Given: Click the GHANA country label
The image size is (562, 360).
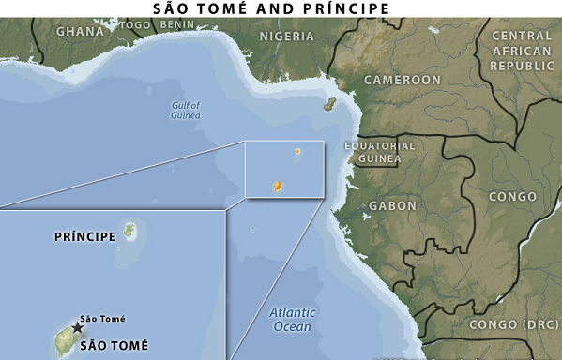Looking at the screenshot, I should (80, 31).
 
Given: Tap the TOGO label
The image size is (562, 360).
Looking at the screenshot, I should (135, 24).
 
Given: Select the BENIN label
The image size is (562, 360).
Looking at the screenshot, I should (177, 24).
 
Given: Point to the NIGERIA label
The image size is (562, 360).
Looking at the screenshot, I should (286, 37).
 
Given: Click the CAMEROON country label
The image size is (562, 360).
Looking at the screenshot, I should (402, 81).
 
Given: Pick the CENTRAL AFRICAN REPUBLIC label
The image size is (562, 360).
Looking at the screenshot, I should (522, 52).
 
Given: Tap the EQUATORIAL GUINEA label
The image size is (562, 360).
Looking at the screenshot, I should (379, 153).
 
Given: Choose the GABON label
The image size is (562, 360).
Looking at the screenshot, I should (393, 205).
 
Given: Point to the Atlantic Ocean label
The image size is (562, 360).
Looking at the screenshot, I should (292, 320).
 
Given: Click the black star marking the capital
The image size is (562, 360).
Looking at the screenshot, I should (77, 328).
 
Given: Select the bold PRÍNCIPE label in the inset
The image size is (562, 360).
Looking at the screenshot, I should (85, 236).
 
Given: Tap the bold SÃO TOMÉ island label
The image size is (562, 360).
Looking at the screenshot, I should (114, 345).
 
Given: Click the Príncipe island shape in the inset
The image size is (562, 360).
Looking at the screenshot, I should (129, 232).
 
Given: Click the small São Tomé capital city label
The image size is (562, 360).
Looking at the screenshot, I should (102, 319).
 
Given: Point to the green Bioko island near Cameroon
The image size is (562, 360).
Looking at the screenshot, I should (330, 103).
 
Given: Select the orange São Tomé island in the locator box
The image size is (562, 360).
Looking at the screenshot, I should (278, 187).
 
